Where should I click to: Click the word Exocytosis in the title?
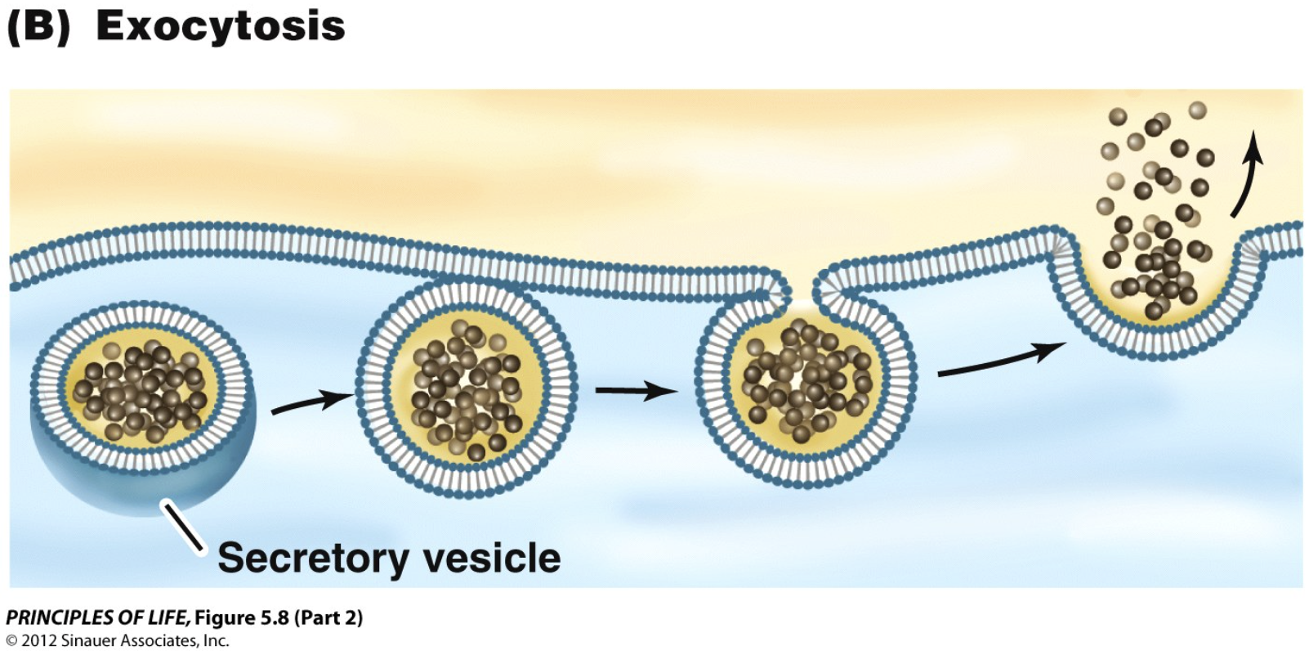221,26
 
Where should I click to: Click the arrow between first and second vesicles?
310,402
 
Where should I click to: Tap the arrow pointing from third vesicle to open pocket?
1000,361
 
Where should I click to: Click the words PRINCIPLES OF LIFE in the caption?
97,617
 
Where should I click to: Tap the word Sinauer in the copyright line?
91,640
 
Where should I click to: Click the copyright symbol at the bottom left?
12,640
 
